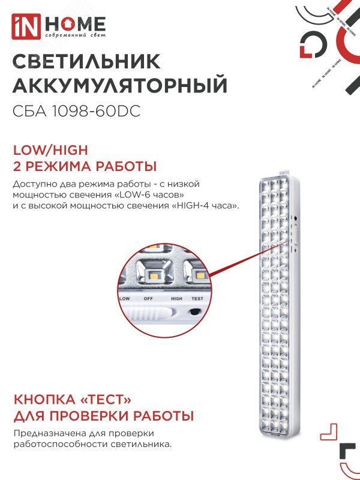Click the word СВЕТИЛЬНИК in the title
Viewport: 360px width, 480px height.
tap(86, 61)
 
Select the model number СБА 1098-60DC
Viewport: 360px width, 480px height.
tap(76, 112)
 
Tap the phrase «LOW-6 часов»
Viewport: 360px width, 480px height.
tap(152, 195)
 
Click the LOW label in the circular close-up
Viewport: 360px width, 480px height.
tap(125, 298)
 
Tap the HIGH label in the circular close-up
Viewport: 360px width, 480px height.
tap(176, 298)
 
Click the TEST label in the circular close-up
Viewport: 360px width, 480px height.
tap(197, 298)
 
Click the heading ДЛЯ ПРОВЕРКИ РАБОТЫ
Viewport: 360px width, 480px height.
tap(103, 416)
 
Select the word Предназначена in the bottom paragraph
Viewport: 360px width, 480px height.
tap(44, 433)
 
